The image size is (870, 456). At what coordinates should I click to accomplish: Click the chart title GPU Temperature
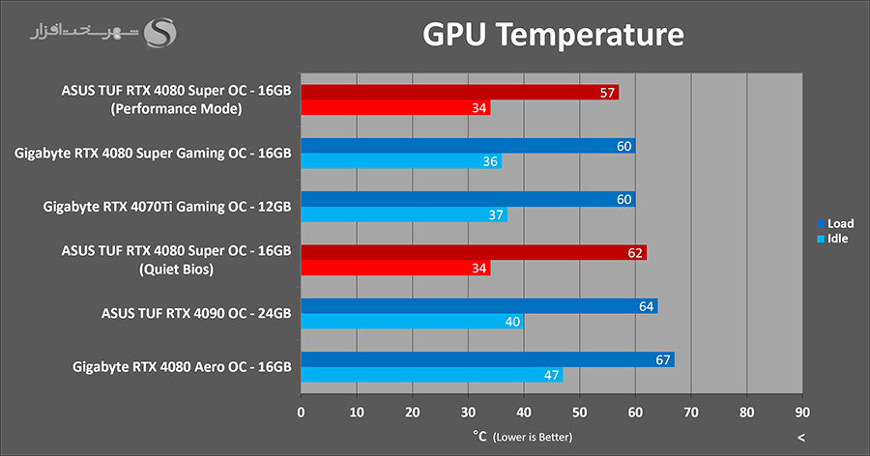(x=553, y=36)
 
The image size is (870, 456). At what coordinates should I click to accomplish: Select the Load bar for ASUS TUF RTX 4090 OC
(x=478, y=306)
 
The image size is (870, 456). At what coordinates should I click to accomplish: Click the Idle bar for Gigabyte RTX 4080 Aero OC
(x=431, y=375)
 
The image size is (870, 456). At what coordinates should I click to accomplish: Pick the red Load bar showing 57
(x=459, y=93)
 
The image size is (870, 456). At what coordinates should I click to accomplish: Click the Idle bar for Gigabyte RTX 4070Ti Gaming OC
(x=403, y=214)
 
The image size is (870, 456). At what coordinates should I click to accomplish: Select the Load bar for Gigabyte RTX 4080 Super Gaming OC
(x=468, y=147)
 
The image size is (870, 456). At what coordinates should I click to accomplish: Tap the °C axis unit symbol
(x=479, y=437)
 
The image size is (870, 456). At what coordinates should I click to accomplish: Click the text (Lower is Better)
(x=533, y=438)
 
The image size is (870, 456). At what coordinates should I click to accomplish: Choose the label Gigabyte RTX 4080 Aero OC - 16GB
(x=182, y=367)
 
